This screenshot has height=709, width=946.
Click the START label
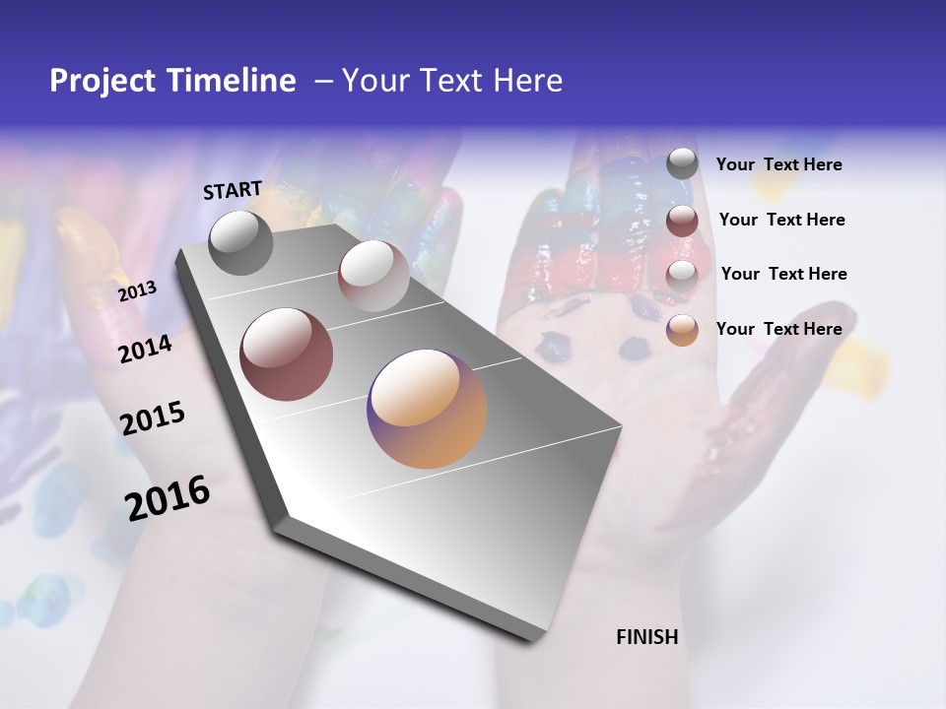click(233, 190)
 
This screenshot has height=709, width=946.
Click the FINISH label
click(646, 637)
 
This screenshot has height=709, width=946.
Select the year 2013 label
click(137, 291)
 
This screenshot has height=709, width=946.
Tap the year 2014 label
click(146, 350)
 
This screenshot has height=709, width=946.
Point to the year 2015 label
click(153, 419)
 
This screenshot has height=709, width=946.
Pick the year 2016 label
click(168, 497)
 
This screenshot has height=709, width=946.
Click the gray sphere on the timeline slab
click(240, 242)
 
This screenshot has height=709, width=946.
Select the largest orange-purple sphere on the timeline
click(427, 409)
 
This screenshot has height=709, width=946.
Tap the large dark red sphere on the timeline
click(286, 354)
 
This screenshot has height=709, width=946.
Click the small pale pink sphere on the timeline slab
click(372, 276)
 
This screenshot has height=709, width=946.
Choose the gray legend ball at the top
click(682, 163)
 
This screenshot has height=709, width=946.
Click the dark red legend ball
click(682, 221)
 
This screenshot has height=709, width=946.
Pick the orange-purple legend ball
click(682, 331)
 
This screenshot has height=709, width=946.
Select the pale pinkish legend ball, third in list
click(682, 275)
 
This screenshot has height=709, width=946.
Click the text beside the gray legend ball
click(778, 165)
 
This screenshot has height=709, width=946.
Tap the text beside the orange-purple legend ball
click(778, 329)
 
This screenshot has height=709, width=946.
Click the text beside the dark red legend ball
click(781, 220)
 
